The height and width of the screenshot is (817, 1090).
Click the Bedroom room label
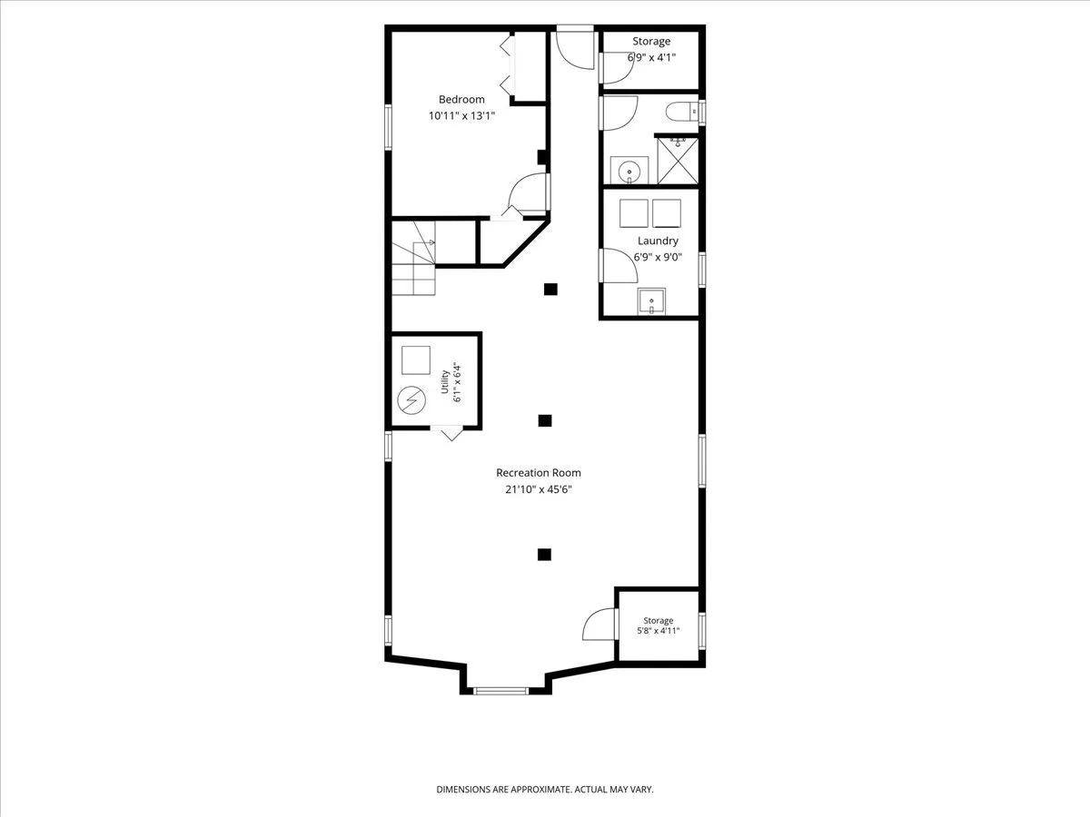[x=461, y=99]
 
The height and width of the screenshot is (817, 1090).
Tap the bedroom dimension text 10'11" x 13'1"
[x=461, y=116]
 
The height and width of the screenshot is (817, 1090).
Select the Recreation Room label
[x=539, y=473]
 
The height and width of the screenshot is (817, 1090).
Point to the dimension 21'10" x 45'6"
[x=539, y=489]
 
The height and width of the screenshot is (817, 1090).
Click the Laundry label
[x=658, y=241]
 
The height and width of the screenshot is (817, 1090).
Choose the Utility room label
[x=445, y=381]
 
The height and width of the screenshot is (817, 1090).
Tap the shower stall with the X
[x=678, y=161]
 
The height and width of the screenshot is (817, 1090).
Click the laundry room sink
[x=651, y=301]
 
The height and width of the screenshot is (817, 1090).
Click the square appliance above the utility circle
[x=416, y=360]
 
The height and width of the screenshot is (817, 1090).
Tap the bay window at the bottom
[x=500, y=691]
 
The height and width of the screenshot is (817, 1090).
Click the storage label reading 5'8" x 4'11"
[x=659, y=631]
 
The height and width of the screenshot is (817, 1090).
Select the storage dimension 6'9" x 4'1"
[x=651, y=57]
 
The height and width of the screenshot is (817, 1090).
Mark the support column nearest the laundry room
[x=550, y=290]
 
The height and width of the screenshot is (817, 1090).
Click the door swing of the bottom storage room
[x=599, y=624]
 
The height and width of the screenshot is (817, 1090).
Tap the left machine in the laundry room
[x=634, y=213]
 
